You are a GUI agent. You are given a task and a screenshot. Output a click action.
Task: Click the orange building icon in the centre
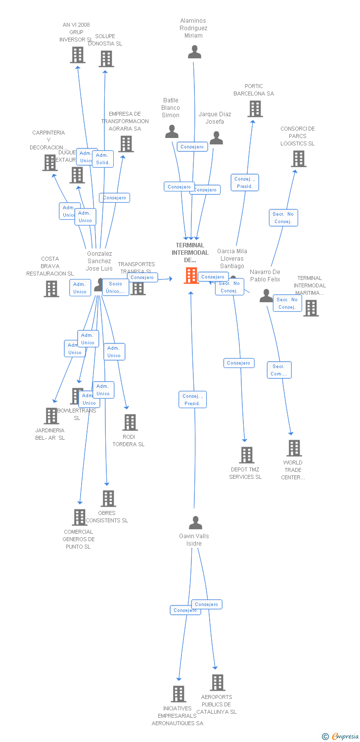191,276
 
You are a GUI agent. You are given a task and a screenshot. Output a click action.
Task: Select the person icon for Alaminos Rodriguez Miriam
194,52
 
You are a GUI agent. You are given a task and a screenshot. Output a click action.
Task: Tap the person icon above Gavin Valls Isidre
195,523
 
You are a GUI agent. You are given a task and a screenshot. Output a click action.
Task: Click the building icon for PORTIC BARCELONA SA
255,109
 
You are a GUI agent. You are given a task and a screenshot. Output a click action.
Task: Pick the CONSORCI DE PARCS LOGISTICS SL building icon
298,159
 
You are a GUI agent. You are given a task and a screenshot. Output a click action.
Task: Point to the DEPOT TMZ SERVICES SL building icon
246,455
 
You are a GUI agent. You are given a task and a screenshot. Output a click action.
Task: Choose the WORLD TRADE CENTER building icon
294,448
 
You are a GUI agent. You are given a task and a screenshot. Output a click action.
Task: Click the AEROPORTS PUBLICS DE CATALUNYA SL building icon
217,683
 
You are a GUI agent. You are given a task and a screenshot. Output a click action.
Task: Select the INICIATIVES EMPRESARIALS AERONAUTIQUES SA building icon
178,694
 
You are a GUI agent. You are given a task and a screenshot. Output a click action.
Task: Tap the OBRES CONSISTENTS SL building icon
108,498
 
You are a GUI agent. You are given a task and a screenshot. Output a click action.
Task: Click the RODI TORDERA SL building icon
130,422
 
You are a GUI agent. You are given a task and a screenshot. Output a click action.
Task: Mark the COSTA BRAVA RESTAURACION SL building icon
51,289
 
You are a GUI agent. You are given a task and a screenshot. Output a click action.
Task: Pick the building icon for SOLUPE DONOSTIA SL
106,59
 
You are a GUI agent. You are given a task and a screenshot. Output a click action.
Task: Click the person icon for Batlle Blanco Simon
172,132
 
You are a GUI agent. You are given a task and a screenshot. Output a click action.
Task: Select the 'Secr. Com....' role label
279,370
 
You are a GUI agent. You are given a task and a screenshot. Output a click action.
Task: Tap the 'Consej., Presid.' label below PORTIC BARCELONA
245,183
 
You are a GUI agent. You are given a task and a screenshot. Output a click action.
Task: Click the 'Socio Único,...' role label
115,287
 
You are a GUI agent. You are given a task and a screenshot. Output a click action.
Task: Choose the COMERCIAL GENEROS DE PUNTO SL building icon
79,517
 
